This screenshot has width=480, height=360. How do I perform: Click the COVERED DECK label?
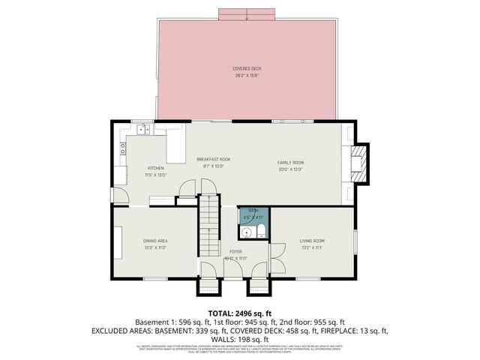[x=247, y=68]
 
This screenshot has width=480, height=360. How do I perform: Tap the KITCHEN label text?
[x=155, y=167]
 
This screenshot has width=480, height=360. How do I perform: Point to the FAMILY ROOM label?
[x=290, y=162]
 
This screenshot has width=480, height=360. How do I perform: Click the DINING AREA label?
[x=155, y=241]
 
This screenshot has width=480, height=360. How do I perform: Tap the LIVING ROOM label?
[x=311, y=241]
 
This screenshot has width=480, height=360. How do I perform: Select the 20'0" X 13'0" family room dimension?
[x=290, y=169]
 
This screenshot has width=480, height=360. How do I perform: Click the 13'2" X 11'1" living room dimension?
[x=311, y=247]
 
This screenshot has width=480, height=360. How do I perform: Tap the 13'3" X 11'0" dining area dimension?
[x=155, y=247]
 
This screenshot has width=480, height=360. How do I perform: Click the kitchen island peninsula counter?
[x=175, y=147]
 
